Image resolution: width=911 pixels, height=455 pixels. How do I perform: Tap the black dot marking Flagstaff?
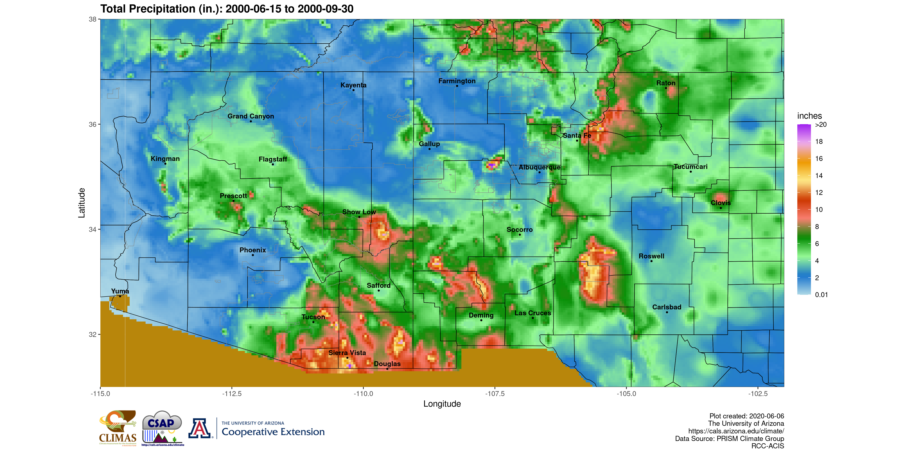[x=273, y=164]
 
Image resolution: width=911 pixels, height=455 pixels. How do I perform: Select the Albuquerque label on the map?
[x=539, y=167]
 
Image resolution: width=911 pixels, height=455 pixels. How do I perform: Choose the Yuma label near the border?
[x=120, y=291]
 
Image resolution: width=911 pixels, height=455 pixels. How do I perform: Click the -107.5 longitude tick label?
[x=494, y=394]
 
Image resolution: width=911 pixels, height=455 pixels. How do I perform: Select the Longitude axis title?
[x=442, y=404]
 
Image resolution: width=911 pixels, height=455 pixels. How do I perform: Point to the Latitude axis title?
[x=82, y=203]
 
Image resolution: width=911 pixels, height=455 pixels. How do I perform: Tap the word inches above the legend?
[x=809, y=116]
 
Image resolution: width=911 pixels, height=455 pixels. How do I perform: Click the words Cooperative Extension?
[x=273, y=432]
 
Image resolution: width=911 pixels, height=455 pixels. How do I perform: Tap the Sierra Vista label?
[x=347, y=353]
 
